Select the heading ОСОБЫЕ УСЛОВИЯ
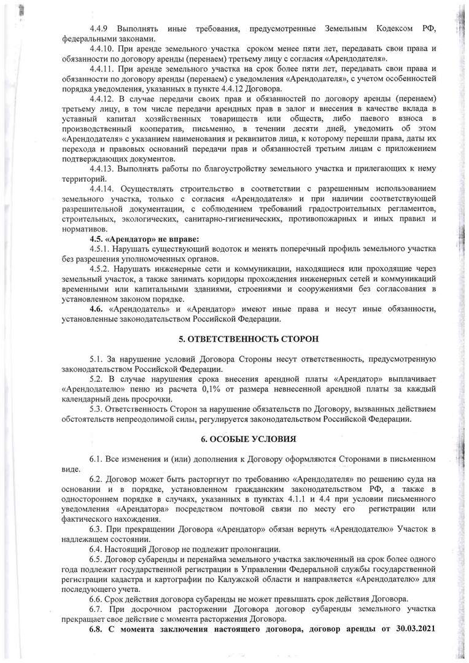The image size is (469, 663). tap(249, 440)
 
